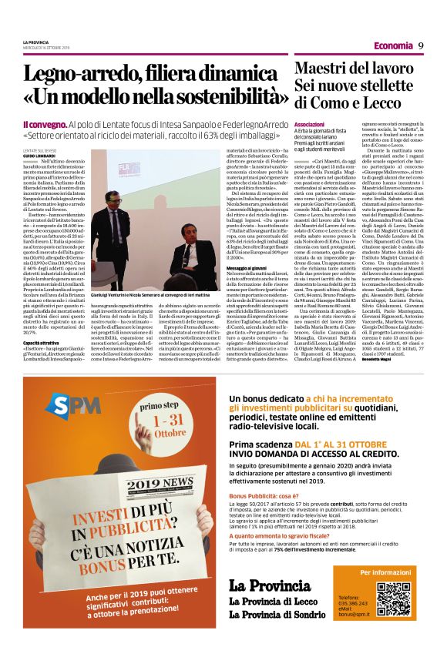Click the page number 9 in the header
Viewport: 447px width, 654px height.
tap(422, 45)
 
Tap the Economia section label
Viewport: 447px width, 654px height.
tap(392, 46)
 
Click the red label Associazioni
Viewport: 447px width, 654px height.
tap(309, 123)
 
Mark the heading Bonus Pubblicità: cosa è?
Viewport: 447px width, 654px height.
tap(267, 495)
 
